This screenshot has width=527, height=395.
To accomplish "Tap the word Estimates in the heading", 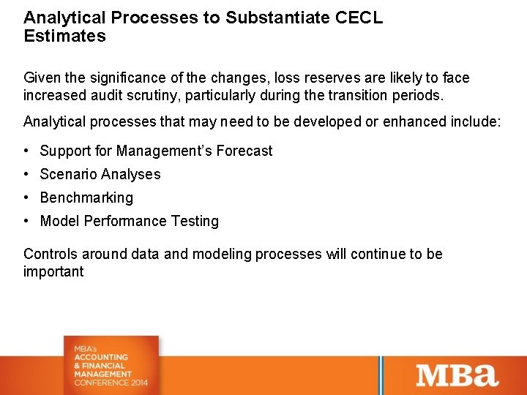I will pos(64,36).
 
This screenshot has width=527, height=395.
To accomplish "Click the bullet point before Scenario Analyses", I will pos(26,174).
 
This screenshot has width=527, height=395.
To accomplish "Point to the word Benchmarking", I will pos(86,197).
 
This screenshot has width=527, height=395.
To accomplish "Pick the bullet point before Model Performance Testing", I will pos(26,221).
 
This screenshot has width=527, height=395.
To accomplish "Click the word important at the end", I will pos(53,271).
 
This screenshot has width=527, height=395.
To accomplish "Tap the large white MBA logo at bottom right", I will pos(457,375).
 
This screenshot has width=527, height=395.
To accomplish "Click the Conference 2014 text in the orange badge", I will pos(111,383).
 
